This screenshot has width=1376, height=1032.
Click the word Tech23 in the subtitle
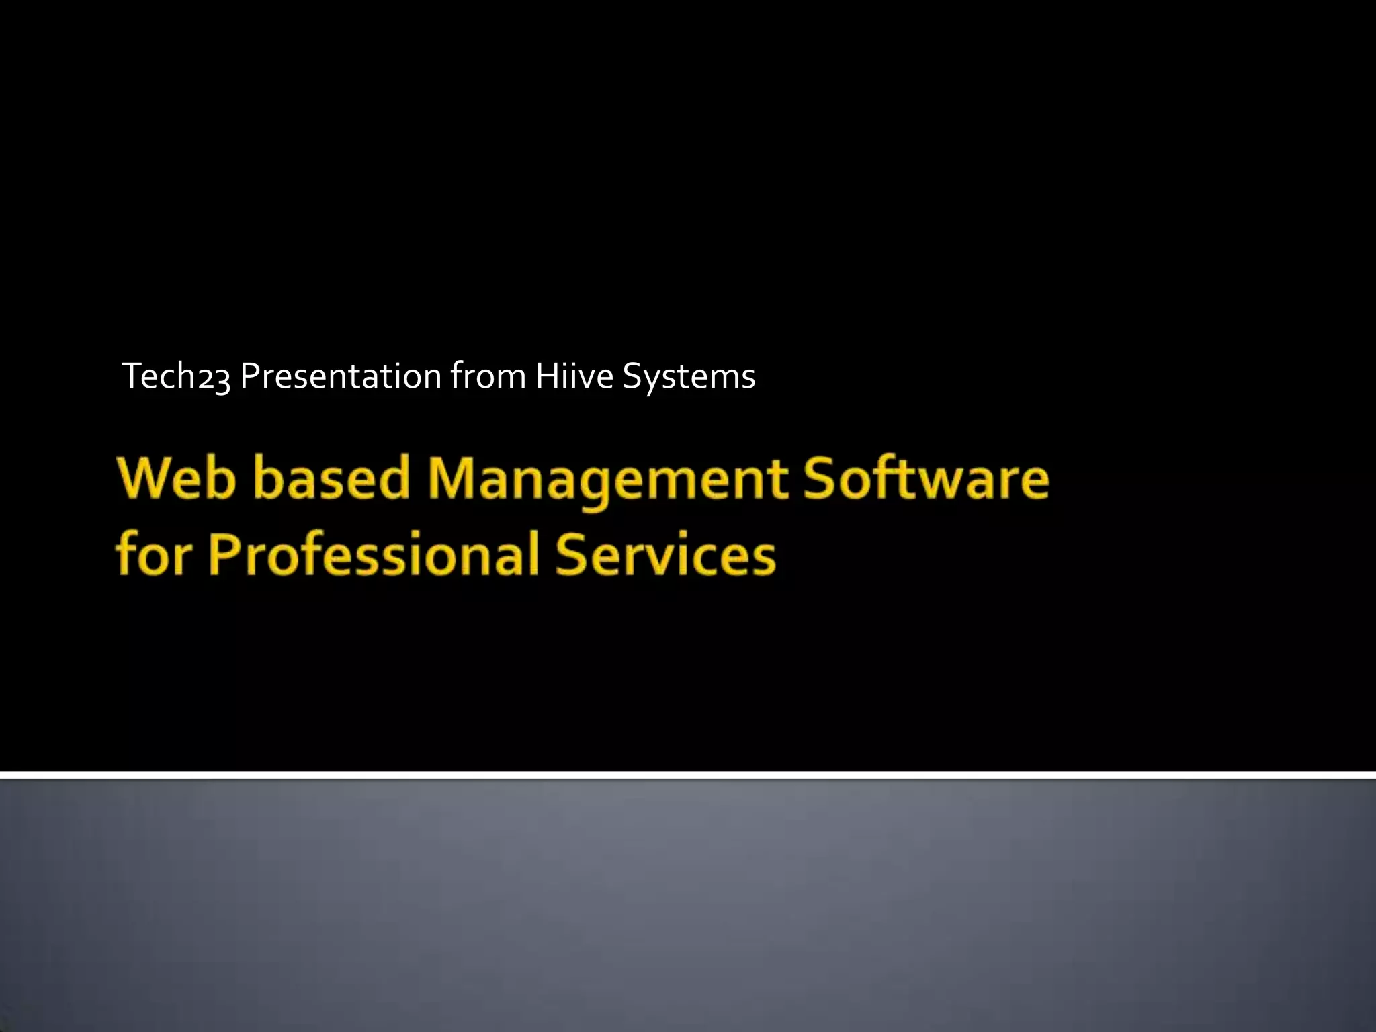point(176,376)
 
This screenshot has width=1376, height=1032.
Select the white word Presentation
point(340,376)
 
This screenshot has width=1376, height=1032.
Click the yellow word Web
point(177,478)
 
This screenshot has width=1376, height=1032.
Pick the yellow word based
point(332,478)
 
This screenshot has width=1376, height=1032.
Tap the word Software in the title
point(926,478)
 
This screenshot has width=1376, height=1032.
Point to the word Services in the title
point(665,555)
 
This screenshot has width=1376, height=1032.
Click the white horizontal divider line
point(688,775)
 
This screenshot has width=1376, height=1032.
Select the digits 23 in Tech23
point(214,379)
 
